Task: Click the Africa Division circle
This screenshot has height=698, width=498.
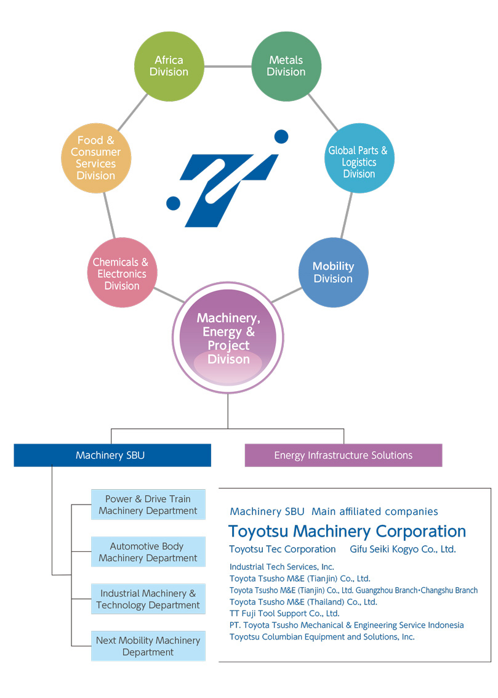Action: coord(169,67)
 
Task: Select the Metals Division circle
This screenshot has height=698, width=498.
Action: coord(286,67)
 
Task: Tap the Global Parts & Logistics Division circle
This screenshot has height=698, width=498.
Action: coord(359,158)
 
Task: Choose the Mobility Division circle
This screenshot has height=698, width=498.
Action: coord(333,272)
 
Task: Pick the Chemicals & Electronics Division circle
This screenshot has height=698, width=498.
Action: coord(121,273)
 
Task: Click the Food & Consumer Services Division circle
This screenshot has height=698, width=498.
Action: coord(96,158)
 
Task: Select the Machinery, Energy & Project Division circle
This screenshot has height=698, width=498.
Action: coord(228,338)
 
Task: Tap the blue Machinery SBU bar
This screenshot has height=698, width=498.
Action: coord(112,455)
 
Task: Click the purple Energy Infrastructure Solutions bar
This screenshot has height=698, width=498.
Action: coord(343,455)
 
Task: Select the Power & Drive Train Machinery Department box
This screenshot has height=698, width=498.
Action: coord(148,505)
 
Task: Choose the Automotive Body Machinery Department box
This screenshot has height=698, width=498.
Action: coord(148,552)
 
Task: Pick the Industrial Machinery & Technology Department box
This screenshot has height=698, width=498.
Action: coord(148,599)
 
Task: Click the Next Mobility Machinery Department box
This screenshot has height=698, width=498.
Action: coord(148,646)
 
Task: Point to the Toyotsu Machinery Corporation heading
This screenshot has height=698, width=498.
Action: coord(347,531)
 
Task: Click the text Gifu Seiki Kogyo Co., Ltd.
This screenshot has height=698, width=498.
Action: coord(403,549)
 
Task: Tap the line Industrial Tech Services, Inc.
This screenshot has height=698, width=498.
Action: coord(281,567)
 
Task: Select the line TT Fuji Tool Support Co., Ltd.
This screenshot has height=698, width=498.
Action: coord(284,614)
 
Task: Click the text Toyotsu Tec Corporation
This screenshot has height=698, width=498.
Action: coord(283,549)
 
